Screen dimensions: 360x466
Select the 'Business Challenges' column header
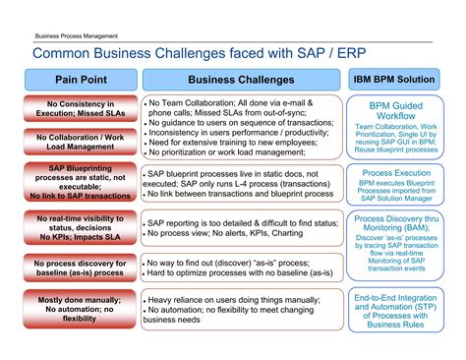(x=240, y=79)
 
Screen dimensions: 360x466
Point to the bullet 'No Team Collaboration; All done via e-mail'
(x=231, y=102)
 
